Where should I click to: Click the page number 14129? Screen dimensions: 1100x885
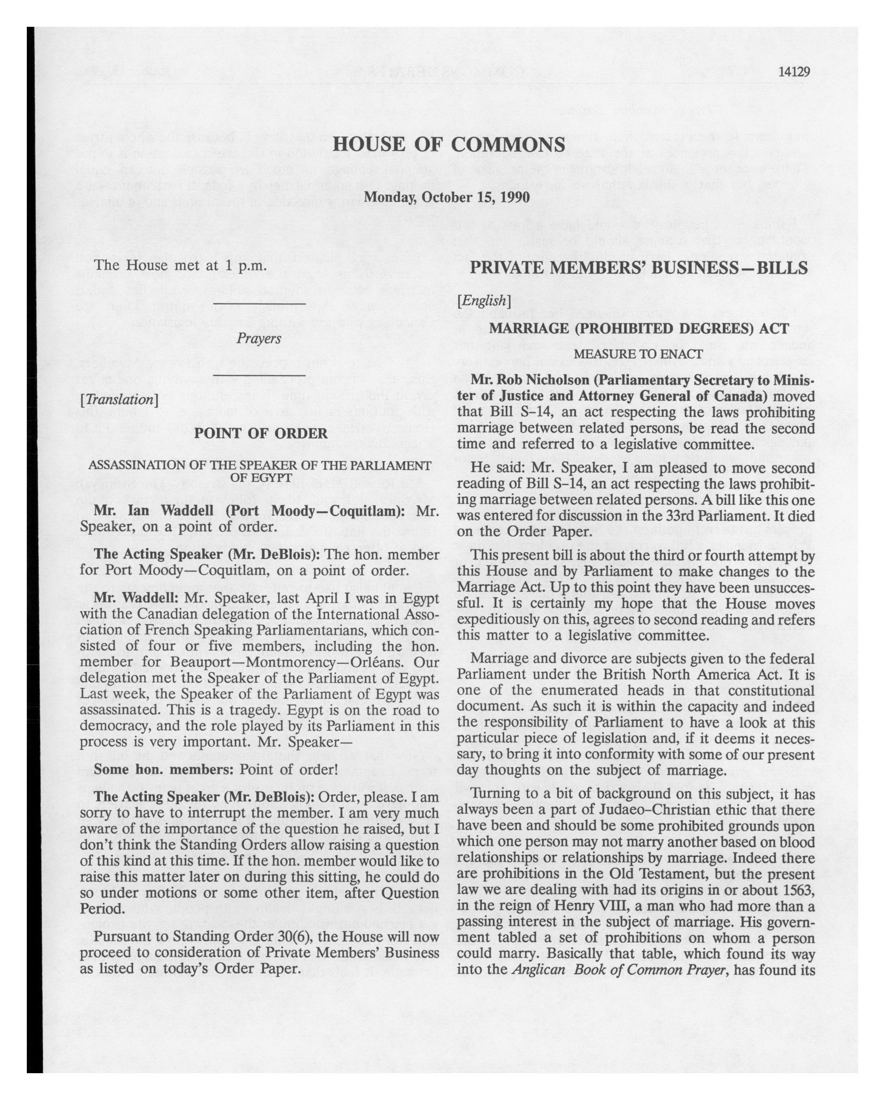[794, 72]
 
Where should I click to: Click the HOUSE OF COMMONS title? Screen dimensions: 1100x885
[449, 144]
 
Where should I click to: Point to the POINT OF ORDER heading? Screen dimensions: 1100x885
[261, 433]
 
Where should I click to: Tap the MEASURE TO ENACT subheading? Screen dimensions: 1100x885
[638, 354]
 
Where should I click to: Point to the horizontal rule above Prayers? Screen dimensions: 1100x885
[259, 305]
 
